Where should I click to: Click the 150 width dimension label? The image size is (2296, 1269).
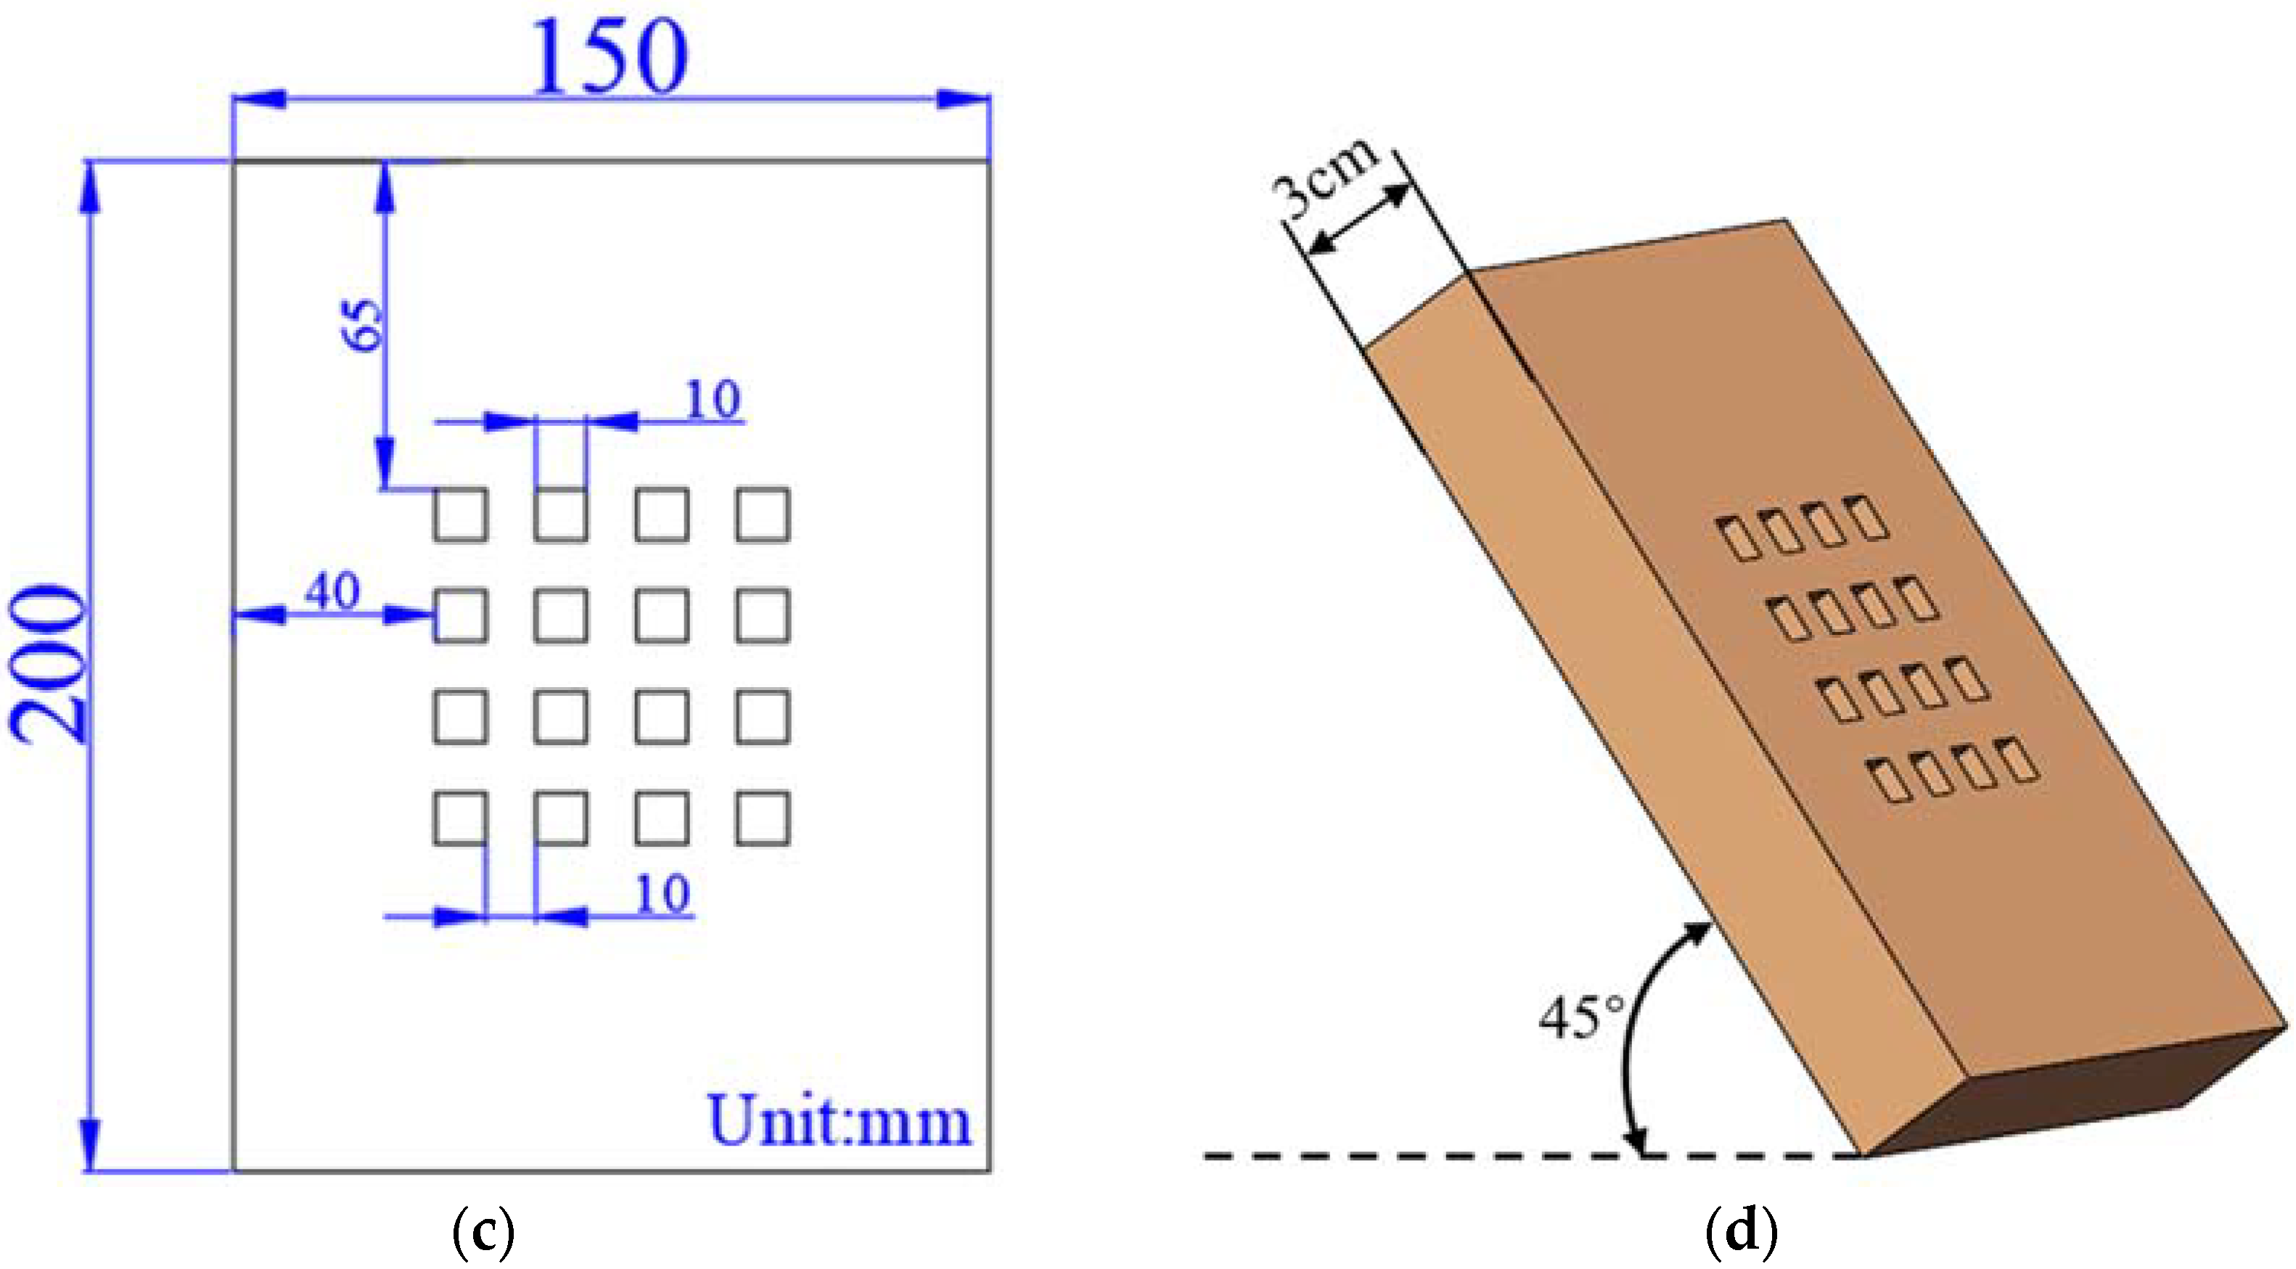coord(610,57)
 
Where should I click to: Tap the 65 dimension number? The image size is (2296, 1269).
coord(363,325)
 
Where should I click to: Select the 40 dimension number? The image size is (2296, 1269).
coord(332,591)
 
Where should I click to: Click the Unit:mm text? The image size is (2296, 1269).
coord(839,1121)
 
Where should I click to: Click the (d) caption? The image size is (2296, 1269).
coord(1741,1233)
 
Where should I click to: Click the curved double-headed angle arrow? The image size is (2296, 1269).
coord(1639,1034)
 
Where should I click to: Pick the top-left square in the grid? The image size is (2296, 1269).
coord(461,515)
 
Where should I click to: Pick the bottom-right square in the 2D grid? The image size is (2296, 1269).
coord(763,818)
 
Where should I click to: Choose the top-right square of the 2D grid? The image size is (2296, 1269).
coord(763,515)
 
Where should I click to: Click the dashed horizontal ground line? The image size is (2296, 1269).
coord(1426,1157)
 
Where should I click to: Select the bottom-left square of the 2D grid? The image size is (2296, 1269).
coord(461,818)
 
